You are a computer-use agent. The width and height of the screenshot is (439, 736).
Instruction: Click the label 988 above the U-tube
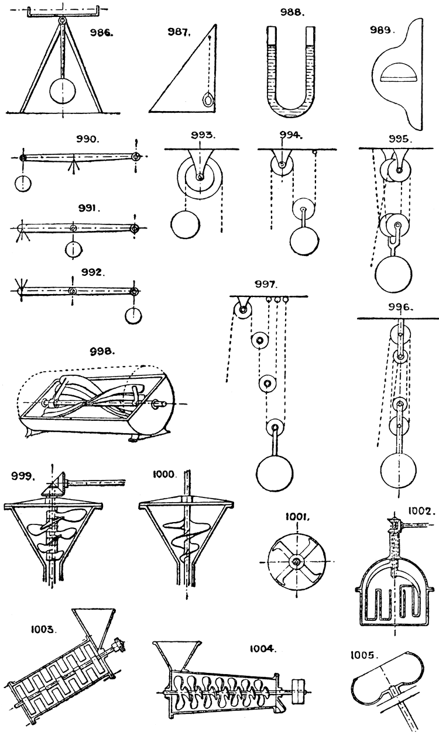point(293,12)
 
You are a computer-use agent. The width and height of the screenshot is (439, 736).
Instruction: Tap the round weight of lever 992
point(134,316)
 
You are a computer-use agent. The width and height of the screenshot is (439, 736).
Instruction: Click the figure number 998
point(105,353)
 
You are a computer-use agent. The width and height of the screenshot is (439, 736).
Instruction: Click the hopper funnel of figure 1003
point(94,623)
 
